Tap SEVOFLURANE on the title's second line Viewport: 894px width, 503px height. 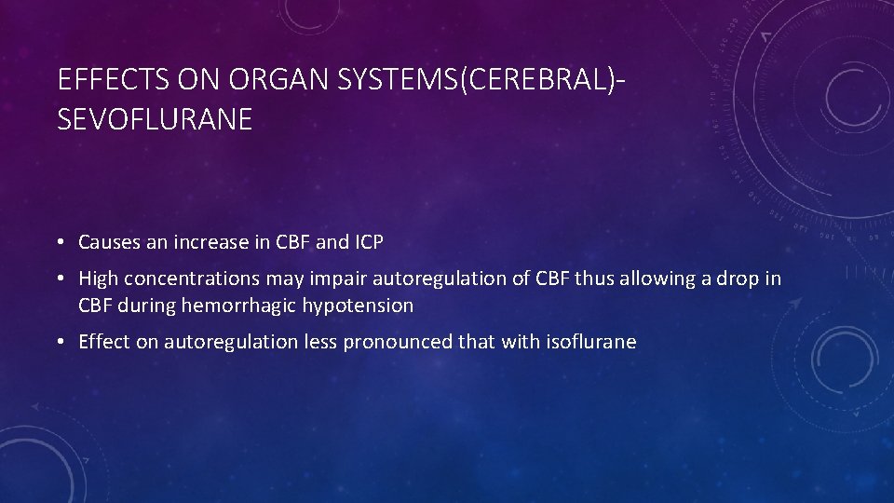[155, 120]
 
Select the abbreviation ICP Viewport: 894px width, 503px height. [369, 242]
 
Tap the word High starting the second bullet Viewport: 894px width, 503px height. [98, 278]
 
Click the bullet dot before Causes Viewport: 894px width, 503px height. [59, 243]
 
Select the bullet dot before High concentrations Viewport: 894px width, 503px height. [59, 279]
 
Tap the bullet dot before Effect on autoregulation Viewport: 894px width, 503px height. [59, 343]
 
